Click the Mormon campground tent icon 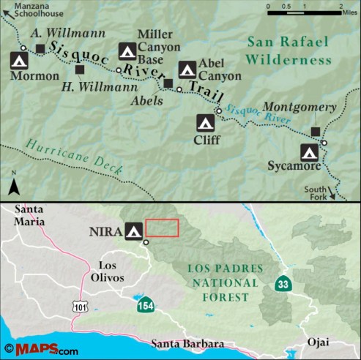[x=19, y=61]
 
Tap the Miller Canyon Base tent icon [x=128, y=52]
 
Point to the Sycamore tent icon [x=310, y=152]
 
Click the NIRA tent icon [x=134, y=231]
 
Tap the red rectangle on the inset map [x=162, y=228]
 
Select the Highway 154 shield [x=144, y=303]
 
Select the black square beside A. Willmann [x=40, y=48]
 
